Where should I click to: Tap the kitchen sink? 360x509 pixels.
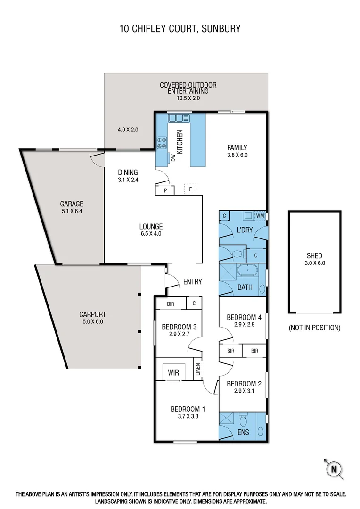coord(179,118)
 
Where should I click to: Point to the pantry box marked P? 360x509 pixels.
coord(165,190)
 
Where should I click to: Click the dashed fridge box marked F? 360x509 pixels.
coord(190,189)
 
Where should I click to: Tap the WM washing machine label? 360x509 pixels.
coord(260,216)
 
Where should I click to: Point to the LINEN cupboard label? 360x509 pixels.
coord(198,371)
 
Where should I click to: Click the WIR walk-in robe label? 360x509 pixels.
coord(173,372)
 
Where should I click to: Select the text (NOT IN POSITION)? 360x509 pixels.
coord(314,328)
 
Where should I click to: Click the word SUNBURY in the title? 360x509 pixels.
coord(221,28)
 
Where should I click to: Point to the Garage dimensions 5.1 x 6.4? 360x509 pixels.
coord(71,211)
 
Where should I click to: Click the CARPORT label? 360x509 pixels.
coord(92,314)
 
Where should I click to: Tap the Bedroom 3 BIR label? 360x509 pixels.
coord(171,304)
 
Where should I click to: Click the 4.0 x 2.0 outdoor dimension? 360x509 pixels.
coord(128,130)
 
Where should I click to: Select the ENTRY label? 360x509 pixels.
coord(192,282)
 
